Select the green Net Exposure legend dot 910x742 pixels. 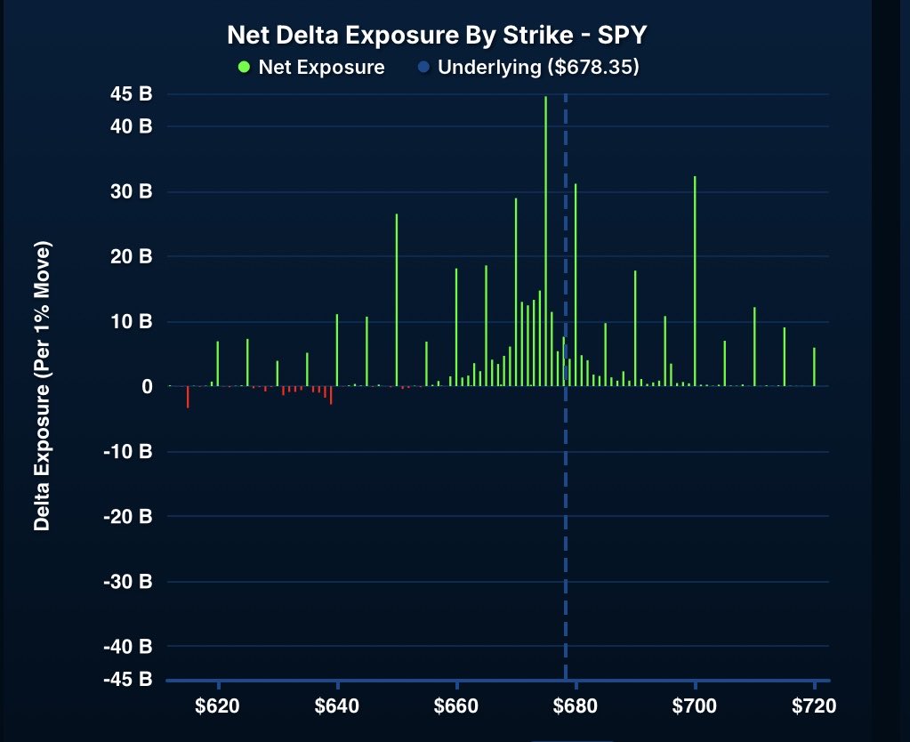[x=245, y=68]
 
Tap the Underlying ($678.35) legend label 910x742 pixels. [x=539, y=68]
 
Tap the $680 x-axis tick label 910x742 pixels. [x=576, y=707]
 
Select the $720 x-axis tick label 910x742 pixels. [x=814, y=707]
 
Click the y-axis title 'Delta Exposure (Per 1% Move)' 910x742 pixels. [x=41, y=385]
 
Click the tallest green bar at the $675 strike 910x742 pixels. [x=545, y=240]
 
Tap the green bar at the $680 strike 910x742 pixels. [x=576, y=285]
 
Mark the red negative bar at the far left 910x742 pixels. [x=188, y=397]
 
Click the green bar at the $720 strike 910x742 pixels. [x=814, y=367]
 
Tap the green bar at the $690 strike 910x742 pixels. [x=635, y=328]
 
